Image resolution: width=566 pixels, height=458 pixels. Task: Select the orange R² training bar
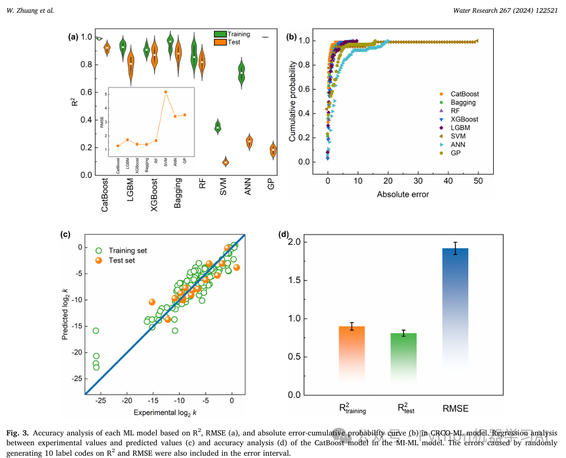[x=352, y=353]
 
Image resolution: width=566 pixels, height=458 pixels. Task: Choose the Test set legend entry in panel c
[x=122, y=260]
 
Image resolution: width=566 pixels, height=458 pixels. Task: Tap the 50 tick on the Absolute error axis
[x=478, y=181]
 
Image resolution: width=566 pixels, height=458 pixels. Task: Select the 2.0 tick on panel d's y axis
[x=294, y=242]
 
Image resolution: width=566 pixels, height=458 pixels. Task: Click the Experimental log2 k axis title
[x=165, y=412]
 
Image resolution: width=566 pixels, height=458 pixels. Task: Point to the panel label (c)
[x=65, y=234]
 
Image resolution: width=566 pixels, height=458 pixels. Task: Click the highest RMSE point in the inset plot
[x=165, y=92]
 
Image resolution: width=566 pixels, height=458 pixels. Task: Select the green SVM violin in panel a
[x=217, y=127]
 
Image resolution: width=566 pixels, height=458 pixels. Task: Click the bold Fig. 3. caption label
[x=18, y=433]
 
